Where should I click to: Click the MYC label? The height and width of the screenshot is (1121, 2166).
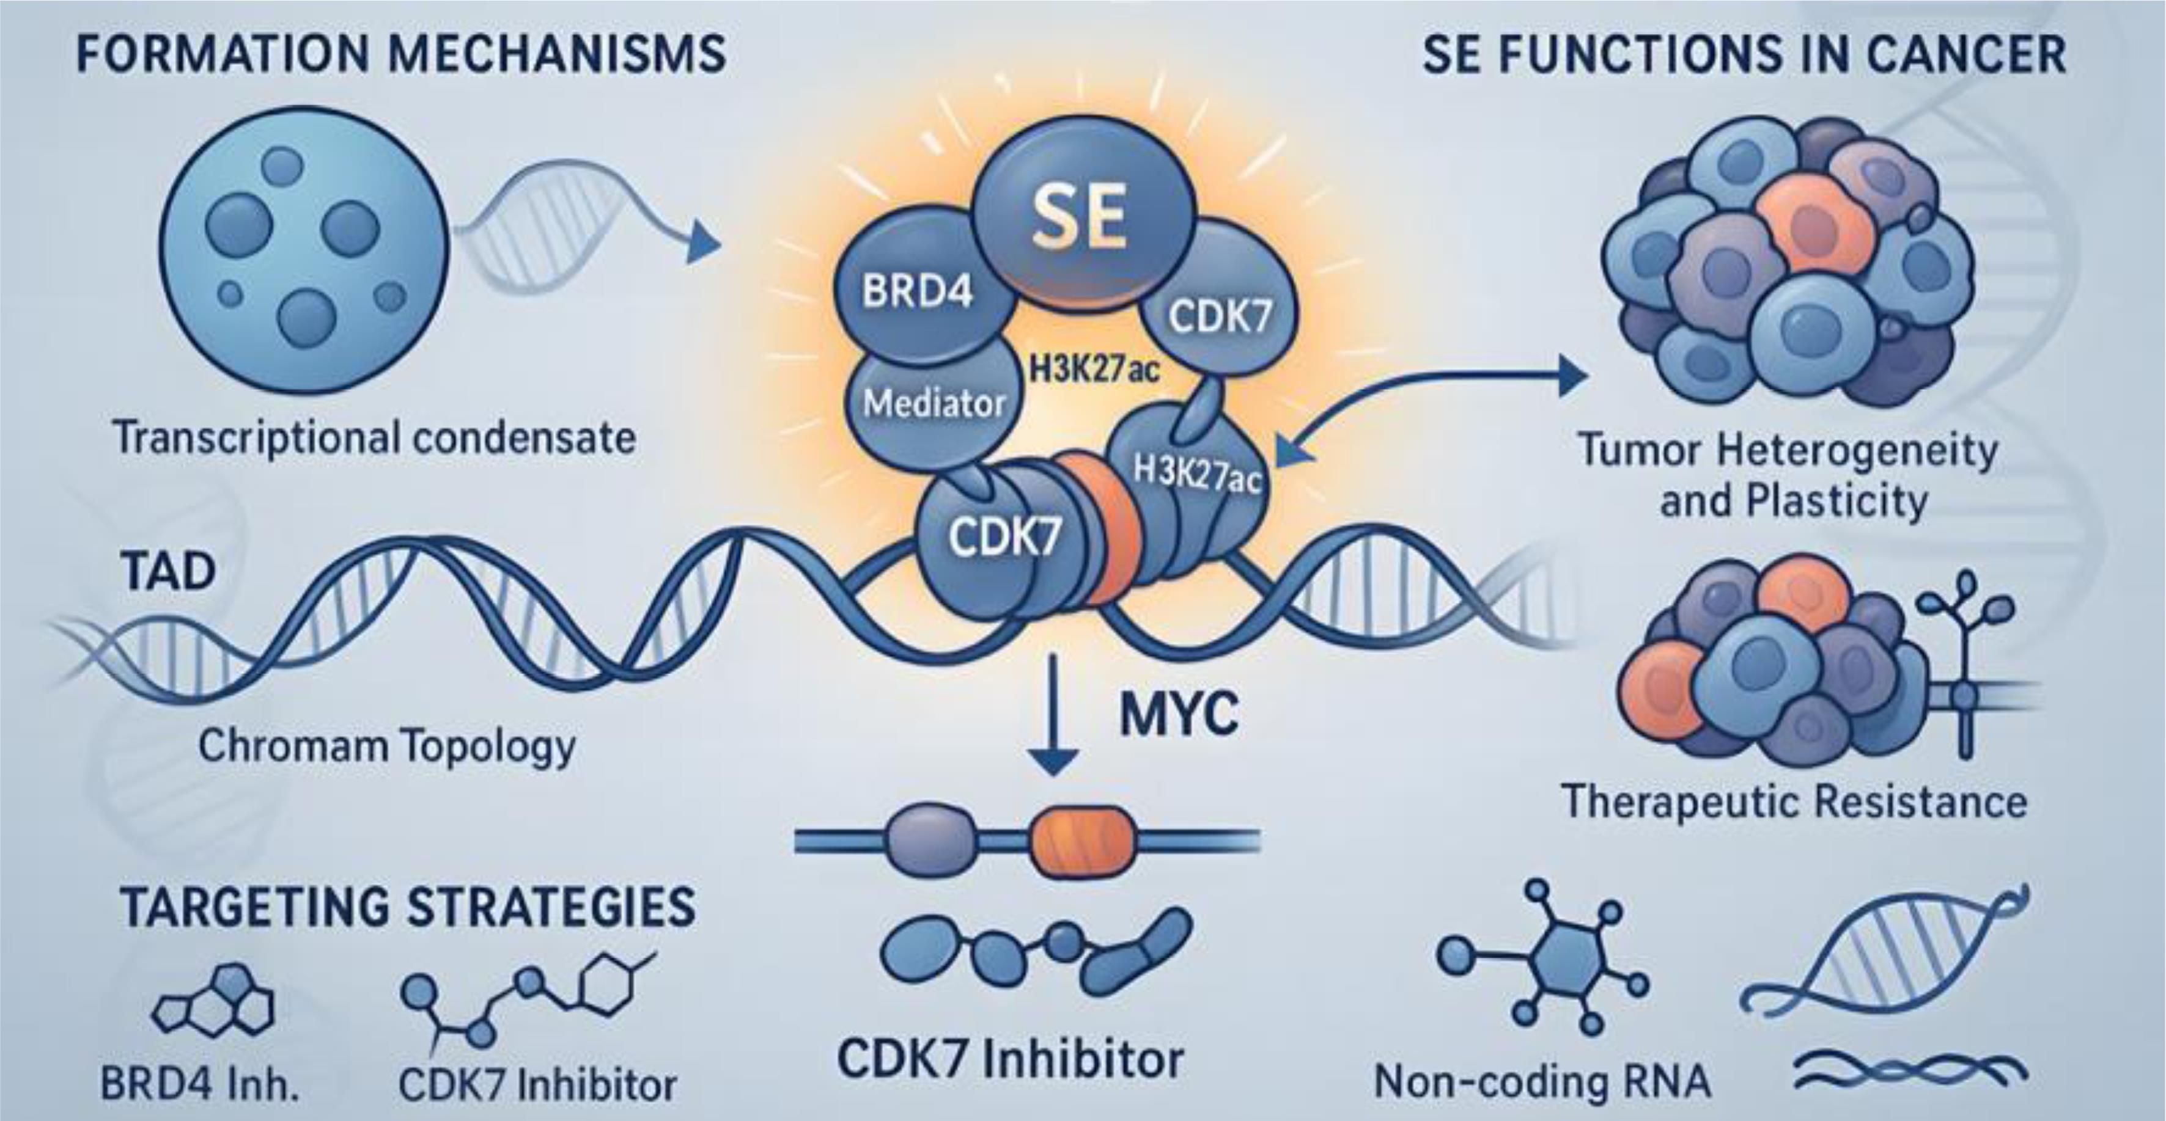[x=1179, y=715]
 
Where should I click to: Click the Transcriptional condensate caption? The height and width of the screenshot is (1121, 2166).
[x=374, y=439]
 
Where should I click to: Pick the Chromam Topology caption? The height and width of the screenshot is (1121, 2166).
[x=387, y=746]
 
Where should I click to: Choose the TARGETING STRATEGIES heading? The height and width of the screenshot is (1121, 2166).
[x=408, y=908]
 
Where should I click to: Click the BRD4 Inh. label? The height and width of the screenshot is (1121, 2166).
[x=200, y=1084]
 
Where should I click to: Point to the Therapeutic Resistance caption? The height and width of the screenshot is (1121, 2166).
[x=1794, y=801]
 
